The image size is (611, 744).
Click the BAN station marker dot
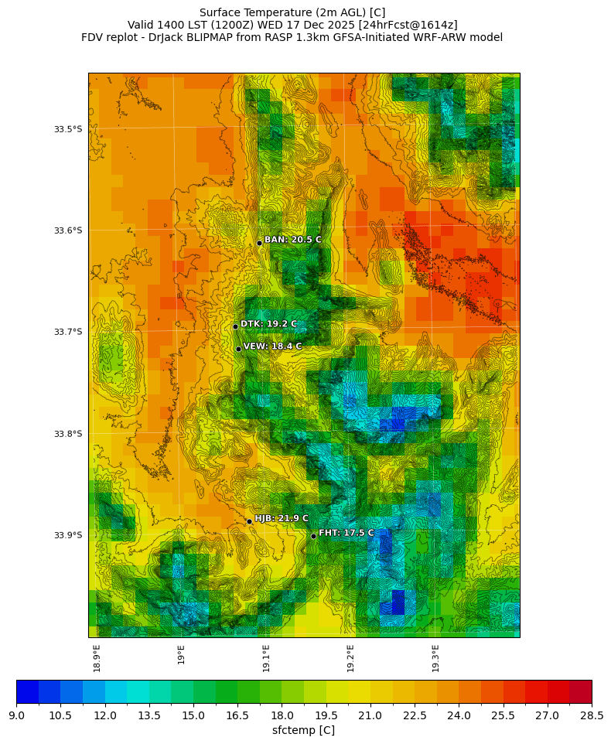(x=260, y=243)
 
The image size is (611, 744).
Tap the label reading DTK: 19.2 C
(x=268, y=324)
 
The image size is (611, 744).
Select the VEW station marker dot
(x=238, y=349)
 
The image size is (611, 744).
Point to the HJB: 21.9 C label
(x=282, y=518)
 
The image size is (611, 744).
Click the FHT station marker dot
(x=313, y=536)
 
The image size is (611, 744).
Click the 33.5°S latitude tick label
(x=68, y=129)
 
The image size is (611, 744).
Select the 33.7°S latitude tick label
(x=68, y=332)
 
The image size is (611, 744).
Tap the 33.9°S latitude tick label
(x=68, y=535)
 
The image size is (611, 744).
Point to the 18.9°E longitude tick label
(x=97, y=658)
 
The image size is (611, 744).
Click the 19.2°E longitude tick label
(x=350, y=658)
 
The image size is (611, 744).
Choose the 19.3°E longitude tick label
(x=435, y=658)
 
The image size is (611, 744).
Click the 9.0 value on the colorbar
(x=16, y=715)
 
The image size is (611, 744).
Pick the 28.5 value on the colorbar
(x=592, y=715)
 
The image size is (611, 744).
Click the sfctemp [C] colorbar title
(x=303, y=730)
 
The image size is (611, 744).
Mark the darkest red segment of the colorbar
(x=580, y=691)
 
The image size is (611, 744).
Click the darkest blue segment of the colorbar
(x=27, y=691)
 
